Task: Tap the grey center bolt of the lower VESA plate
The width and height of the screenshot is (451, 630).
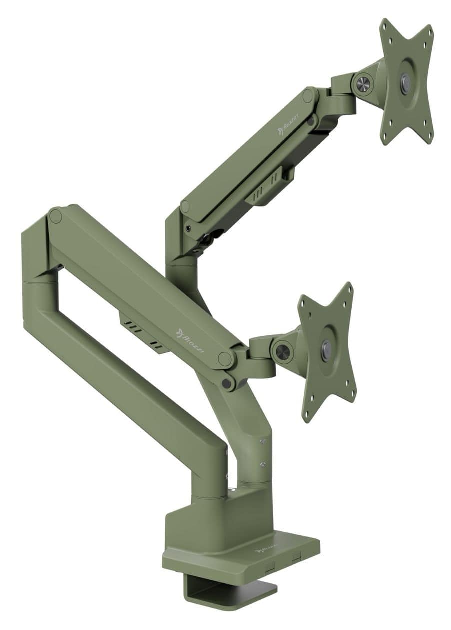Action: (326, 347)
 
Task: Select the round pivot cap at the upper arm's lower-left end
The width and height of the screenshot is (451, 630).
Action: (186, 206)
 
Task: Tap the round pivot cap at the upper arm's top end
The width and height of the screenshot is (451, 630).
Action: (308, 95)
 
